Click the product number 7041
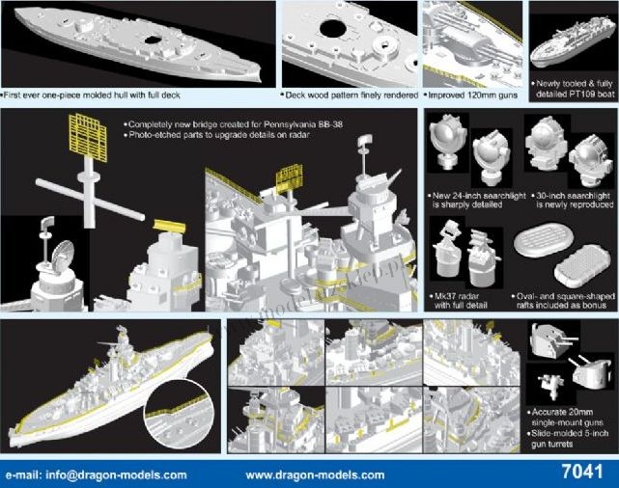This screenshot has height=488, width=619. [582, 472]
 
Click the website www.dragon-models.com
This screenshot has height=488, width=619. [315, 475]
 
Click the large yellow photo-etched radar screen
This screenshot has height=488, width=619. [88, 138]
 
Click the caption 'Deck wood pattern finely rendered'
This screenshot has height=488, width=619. [350, 95]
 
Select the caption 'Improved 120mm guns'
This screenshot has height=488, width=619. [470, 95]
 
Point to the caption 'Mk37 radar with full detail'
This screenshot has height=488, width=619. [459, 301]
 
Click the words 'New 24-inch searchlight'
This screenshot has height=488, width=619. [479, 196]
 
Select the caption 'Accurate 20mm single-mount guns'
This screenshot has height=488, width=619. [565, 418]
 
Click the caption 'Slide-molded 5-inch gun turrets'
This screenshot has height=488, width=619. [567, 439]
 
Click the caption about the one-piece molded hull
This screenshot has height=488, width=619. [91, 95]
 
